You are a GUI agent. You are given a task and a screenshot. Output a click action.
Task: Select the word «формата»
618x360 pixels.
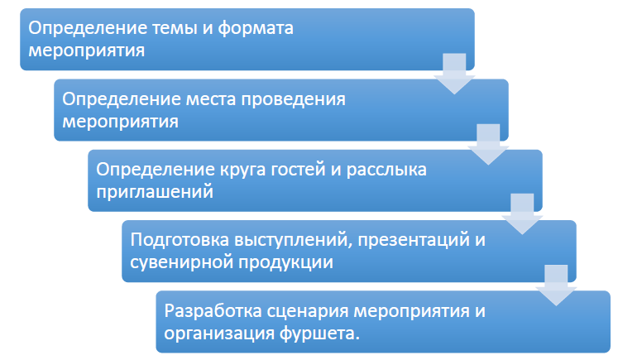(256, 29)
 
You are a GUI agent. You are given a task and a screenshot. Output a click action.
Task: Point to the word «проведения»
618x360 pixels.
(293, 100)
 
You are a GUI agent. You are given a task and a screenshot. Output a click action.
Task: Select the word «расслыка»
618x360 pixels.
(386, 170)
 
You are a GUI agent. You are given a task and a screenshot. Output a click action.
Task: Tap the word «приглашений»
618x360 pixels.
(155, 193)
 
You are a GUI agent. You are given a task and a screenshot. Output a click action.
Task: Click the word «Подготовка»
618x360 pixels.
(180, 240)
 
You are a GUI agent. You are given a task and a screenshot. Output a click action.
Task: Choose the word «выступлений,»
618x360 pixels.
(293, 241)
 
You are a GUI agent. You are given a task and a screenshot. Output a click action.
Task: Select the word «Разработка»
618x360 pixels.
(213, 311)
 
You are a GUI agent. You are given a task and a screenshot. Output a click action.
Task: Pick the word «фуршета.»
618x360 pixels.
(319, 334)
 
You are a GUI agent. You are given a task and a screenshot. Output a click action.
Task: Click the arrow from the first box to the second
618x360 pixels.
(454, 74)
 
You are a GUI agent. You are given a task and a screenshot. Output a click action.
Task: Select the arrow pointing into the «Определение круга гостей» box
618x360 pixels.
(488, 144)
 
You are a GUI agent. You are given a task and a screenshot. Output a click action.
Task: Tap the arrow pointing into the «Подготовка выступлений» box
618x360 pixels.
(522, 214)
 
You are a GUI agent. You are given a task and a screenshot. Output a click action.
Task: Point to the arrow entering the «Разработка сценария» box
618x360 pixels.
(556, 285)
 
